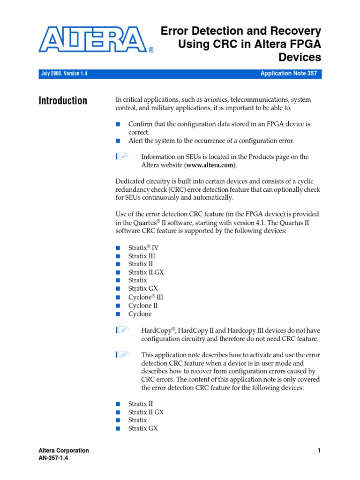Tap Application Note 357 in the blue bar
[x=289, y=74]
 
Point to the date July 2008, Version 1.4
[x=64, y=74]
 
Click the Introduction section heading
[x=63, y=101]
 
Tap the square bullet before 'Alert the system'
[x=118, y=141]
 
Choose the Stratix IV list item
[x=143, y=247]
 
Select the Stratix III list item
[x=142, y=256]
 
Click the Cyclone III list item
[x=146, y=297]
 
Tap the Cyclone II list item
[x=143, y=306]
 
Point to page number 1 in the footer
[x=319, y=450]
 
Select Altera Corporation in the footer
[x=64, y=450]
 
